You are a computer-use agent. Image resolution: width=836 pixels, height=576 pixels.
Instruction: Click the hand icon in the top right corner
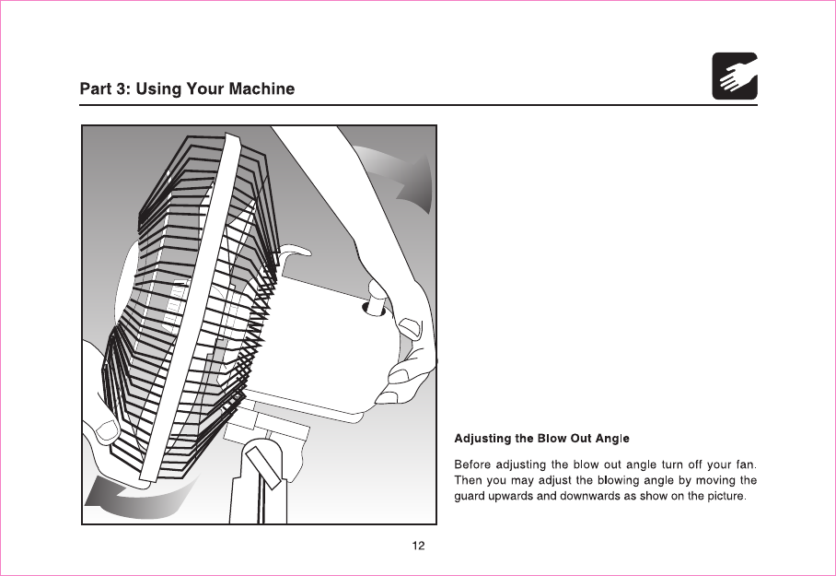pos(735,76)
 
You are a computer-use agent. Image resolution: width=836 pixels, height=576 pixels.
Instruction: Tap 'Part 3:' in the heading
pos(105,89)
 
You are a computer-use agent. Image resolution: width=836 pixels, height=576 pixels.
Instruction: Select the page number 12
pos(418,546)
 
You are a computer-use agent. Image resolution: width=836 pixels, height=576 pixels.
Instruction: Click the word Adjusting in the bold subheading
pos(484,437)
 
